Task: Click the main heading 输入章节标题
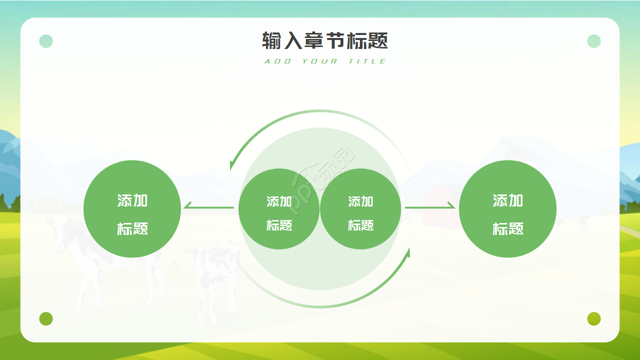tap(325, 40)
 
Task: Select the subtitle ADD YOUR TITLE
tap(325, 61)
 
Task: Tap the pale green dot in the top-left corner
tap(46, 41)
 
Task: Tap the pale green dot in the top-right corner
tap(594, 41)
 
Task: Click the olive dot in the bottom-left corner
tap(46, 318)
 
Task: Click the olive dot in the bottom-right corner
tap(594, 318)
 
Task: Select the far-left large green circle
tap(132, 209)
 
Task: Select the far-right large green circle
tap(507, 209)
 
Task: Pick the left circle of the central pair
tap(279, 209)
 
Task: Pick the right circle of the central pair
tap(360, 209)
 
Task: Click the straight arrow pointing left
tap(209, 207)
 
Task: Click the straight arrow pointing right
tap(430, 207)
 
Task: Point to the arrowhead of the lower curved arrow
tap(408, 253)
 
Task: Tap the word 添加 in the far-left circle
tap(132, 200)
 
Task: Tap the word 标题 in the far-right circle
tap(507, 228)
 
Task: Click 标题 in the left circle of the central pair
tap(279, 225)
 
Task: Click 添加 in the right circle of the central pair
tap(360, 201)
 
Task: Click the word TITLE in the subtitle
tap(367, 61)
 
